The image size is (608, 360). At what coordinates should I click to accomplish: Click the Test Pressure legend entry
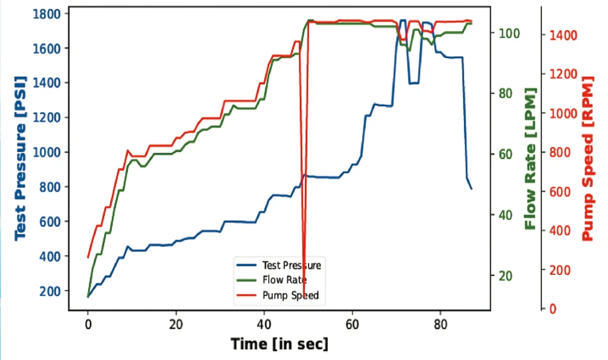(x=291, y=265)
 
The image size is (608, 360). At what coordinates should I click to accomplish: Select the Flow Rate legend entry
(x=280, y=280)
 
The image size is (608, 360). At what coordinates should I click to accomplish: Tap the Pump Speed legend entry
(x=290, y=295)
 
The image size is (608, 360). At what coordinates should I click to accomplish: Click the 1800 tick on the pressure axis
(x=49, y=14)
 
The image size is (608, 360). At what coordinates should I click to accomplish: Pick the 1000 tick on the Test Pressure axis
(x=49, y=152)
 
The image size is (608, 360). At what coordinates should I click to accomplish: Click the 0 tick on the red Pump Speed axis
(x=552, y=309)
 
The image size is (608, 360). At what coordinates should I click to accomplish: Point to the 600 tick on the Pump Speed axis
(x=558, y=192)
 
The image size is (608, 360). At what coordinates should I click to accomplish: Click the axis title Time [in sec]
(x=279, y=344)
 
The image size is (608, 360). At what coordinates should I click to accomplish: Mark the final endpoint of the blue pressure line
(x=472, y=189)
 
